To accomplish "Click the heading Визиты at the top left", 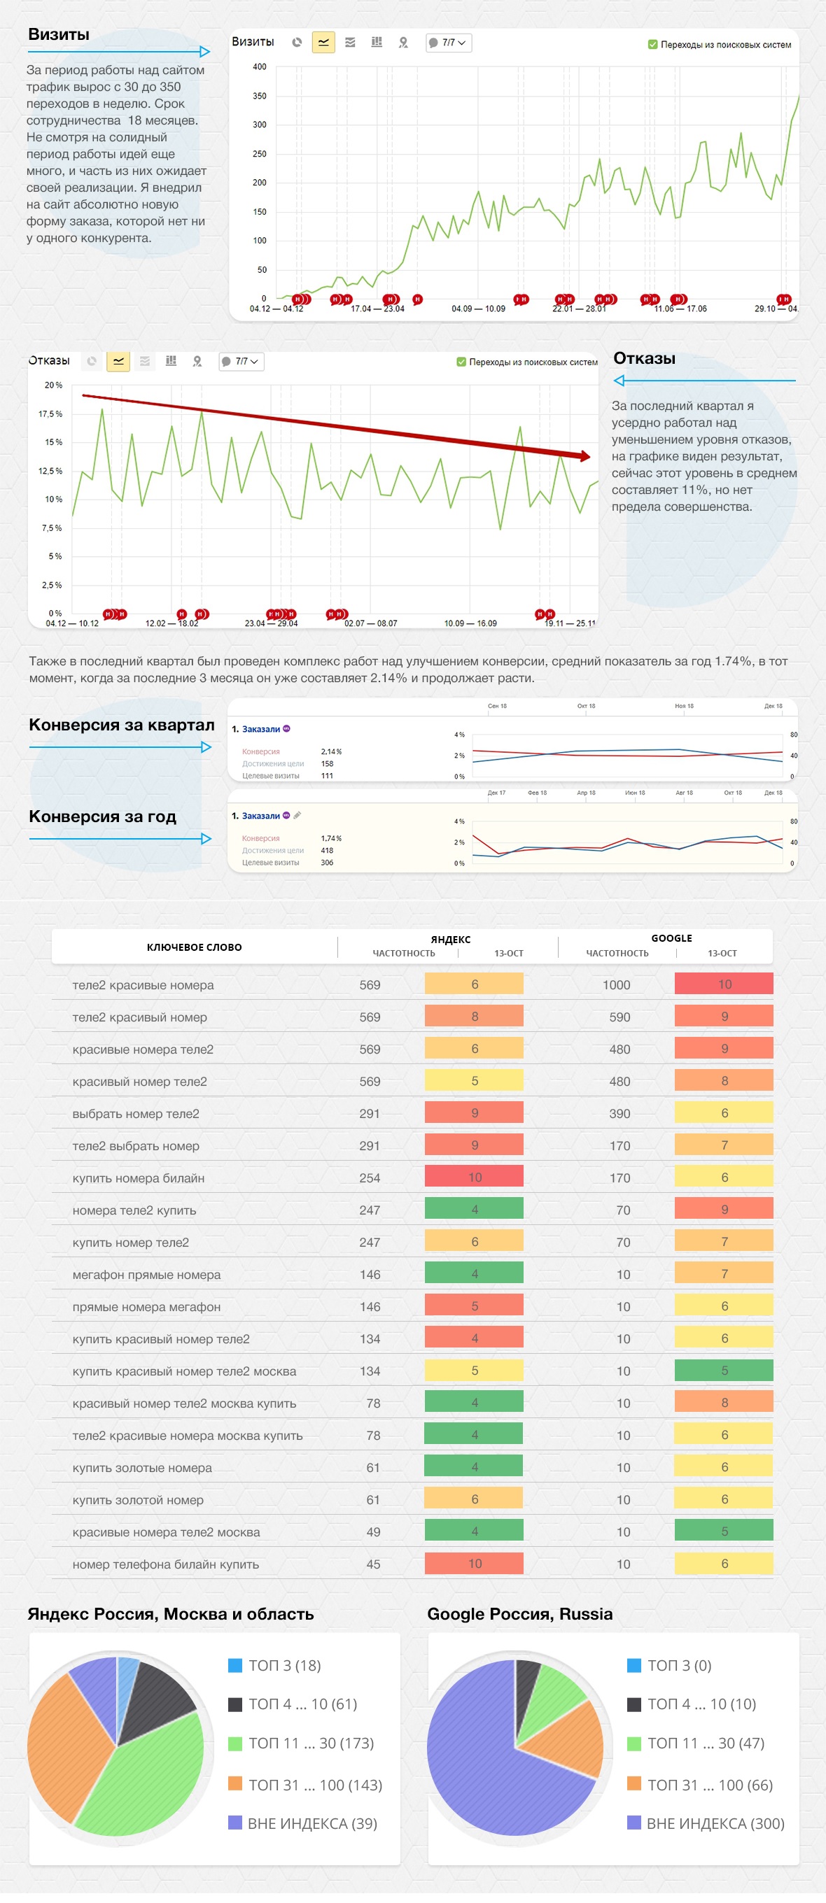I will coord(58,35).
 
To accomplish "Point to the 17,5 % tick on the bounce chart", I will coord(50,414).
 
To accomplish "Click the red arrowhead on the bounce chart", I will coord(584,457).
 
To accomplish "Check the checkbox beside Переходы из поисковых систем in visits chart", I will coord(652,45).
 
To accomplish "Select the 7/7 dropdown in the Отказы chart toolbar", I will coord(241,362).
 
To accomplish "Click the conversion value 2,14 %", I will coord(331,752).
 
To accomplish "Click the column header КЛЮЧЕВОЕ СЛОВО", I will coord(195,948).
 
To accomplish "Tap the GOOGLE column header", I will coord(671,939).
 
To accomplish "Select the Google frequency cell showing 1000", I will coord(616,986).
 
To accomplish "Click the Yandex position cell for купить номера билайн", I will coord(475,1178).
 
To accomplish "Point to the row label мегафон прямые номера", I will coord(146,1275).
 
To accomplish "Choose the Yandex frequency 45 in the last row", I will coord(373,1564).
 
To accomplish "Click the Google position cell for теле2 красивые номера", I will coord(724,985).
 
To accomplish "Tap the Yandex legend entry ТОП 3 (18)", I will coord(283,1666).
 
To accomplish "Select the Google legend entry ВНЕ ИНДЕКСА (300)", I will coord(715,1824).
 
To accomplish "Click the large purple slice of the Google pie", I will coord(480,1773).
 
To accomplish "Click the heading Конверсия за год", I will coord(103,817).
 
